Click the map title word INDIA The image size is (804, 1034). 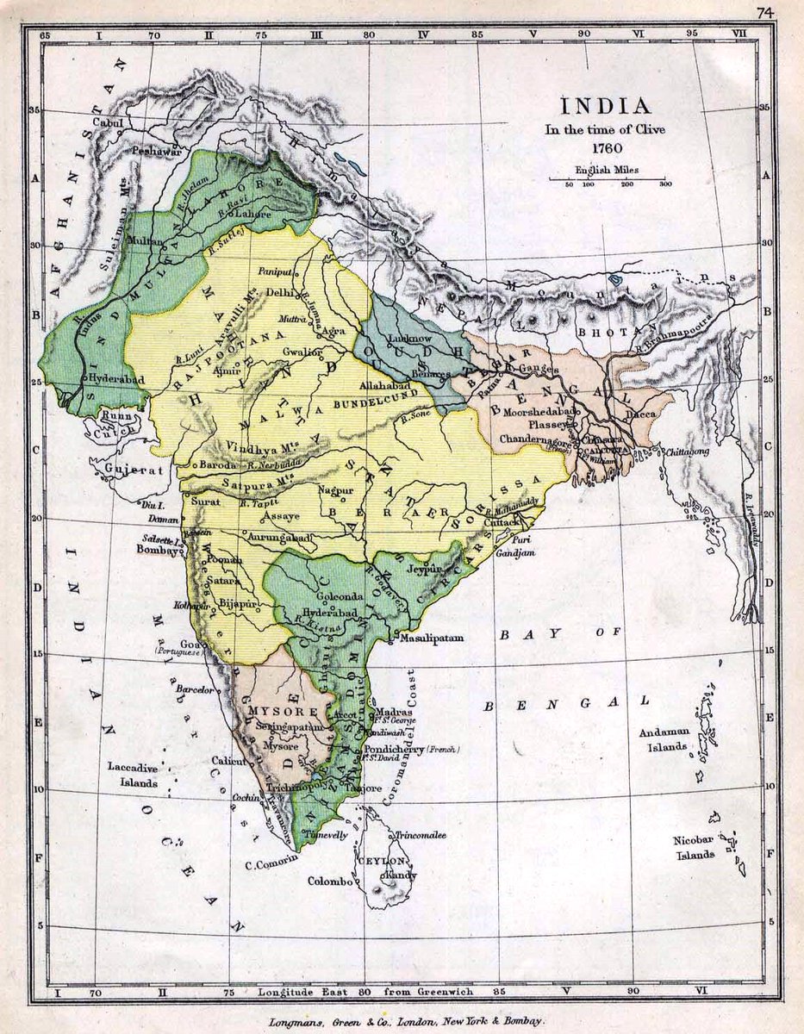tap(606, 107)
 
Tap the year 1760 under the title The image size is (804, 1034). tap(607, 147)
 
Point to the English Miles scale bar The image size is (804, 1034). tap(608, 178)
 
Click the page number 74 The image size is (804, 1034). tap(764, 13)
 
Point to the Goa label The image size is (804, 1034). tap(188, 643)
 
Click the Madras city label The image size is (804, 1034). tap(393, 713)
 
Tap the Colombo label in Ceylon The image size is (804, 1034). tap(330, 881)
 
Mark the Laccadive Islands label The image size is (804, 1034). tap(133, 775)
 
